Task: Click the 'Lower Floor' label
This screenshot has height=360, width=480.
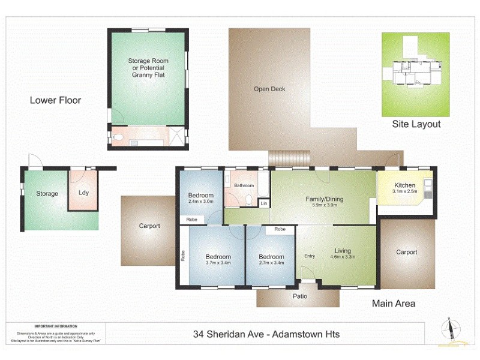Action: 55,100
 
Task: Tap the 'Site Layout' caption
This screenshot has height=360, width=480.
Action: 416,124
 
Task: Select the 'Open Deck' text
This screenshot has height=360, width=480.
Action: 269,89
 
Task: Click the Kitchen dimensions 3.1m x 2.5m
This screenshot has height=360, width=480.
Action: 404,191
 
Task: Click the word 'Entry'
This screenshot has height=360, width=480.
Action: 310,256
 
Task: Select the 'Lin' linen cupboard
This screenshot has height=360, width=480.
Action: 263,204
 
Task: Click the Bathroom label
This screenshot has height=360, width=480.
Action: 244,186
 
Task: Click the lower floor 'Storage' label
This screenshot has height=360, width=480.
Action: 47,193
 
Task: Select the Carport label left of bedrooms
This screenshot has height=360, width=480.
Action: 149,226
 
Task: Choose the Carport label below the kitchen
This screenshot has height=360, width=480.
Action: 407,252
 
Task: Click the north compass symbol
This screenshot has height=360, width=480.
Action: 448,328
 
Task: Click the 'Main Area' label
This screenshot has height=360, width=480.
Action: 394,304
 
